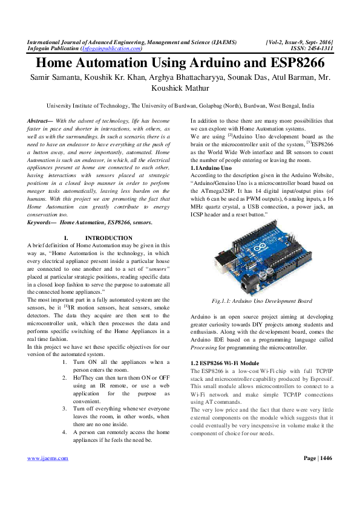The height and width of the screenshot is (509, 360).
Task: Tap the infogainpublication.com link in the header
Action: tap(111, 48)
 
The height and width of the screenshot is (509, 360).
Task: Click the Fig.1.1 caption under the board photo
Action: tap(262, 300)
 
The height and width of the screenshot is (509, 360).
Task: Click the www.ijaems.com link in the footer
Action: tap(48, 476)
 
